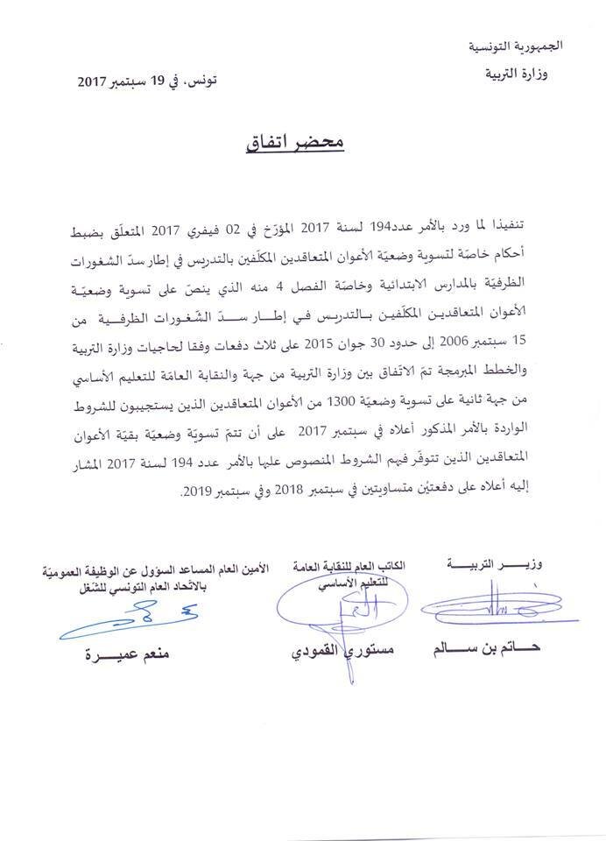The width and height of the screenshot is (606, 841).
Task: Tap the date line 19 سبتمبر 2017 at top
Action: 148,81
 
